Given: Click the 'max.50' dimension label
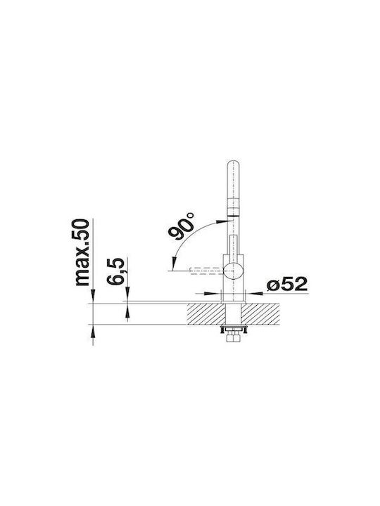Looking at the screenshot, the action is pos(82,252).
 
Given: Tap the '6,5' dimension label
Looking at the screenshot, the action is pos(116,271).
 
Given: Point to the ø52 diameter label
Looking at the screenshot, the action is pos(287,285).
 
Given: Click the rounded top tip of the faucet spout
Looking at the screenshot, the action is pos(234,161).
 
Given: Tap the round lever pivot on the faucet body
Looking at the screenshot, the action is pos(234,271).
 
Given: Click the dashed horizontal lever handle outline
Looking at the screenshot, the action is pos(207,271).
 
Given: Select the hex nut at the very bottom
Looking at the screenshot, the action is pos(234,339).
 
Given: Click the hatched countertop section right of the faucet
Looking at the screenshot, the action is pos(260,314).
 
